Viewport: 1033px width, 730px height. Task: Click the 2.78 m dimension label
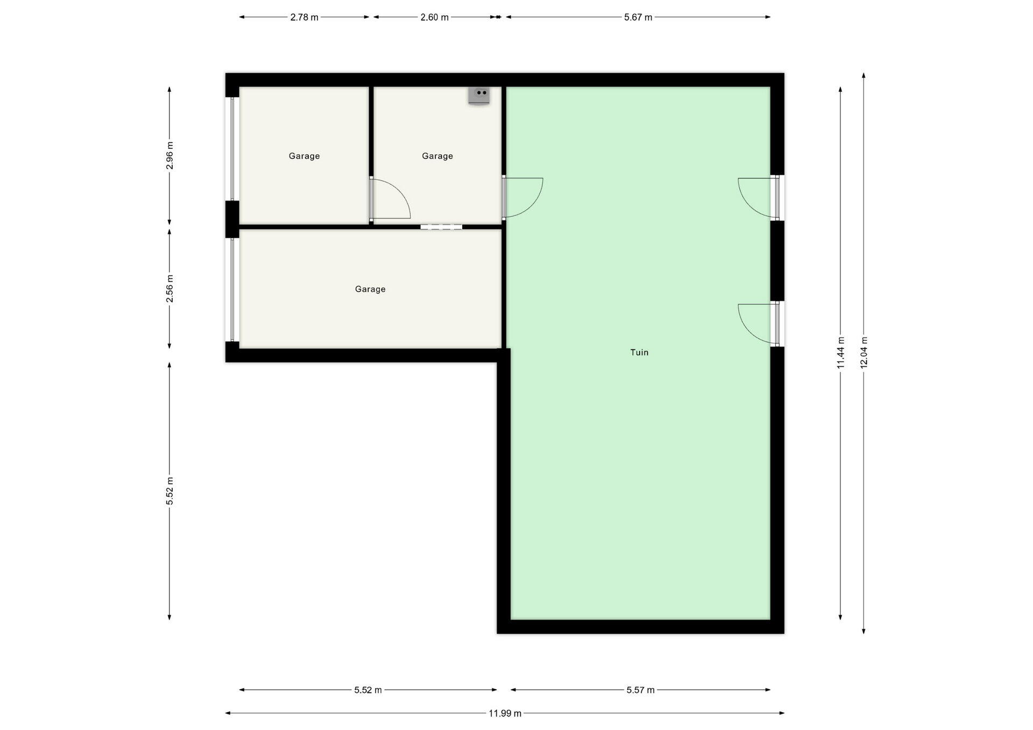(x=304, y=17)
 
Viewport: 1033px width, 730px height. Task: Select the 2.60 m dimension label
(x=434, y=17)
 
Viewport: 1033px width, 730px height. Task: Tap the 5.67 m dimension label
(x=638, y=17)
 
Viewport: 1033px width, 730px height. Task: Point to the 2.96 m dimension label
(x=169, y=155)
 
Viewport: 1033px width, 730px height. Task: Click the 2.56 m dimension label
(x=169, y=289)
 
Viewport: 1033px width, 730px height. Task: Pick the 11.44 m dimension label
(x=840, y=353)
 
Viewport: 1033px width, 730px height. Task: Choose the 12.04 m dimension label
(x=864, y=353)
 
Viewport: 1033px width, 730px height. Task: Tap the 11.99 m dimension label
(x=505, y=713)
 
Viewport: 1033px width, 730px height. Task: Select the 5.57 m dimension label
(x=640, y=690)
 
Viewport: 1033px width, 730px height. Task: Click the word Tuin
(x=639, y=353)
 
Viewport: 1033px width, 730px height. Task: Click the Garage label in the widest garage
(x=370, y=289)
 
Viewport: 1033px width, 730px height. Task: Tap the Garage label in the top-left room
(x=304, y=156)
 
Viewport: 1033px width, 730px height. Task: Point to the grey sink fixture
(x=479, y=96)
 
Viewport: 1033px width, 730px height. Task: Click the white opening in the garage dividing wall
(x=441, y=227)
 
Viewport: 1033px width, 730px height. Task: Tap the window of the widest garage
(x=232, y=290)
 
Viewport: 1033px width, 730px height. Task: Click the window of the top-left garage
(x=232, y=149)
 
